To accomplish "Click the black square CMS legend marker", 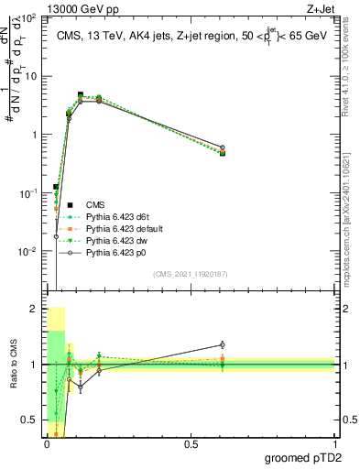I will (x=70, y=203).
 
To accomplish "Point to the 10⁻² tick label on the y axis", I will (x=28, y=251).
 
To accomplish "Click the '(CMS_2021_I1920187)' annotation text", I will (x=190, y=273).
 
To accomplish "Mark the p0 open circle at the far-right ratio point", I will (x=222, y=345).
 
